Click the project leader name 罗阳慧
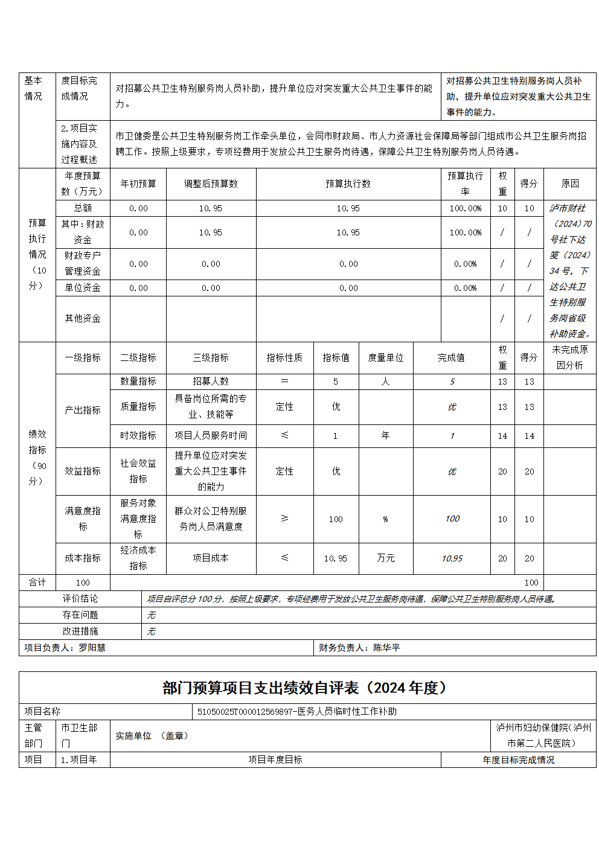click(x=92, y=647)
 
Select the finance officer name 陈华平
click(x=386, y=647)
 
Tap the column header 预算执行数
click(x=348, y=184)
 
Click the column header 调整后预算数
click(x=211, y=184)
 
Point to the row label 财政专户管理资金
click(x=83, y=263)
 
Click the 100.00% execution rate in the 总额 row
click(x=465, y=208)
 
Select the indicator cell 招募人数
click(x=211, y=381)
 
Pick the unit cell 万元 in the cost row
click(x=385, y=558)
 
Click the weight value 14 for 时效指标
click(x=502, y=436)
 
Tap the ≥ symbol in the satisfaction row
click(x=284, y=519)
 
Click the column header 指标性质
click(x=284, y=357)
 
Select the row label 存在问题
click(x=80, y=615)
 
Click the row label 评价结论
click(x=80, y=598)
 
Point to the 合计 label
click(x=37, y=582)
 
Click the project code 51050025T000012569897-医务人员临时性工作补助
click(x=297, y=711)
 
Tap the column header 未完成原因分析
click(x=569, y=357)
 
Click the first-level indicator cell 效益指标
click(x=83, y=471)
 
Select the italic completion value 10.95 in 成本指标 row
click(x=452, y=558)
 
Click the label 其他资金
click(x=83, y=318)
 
